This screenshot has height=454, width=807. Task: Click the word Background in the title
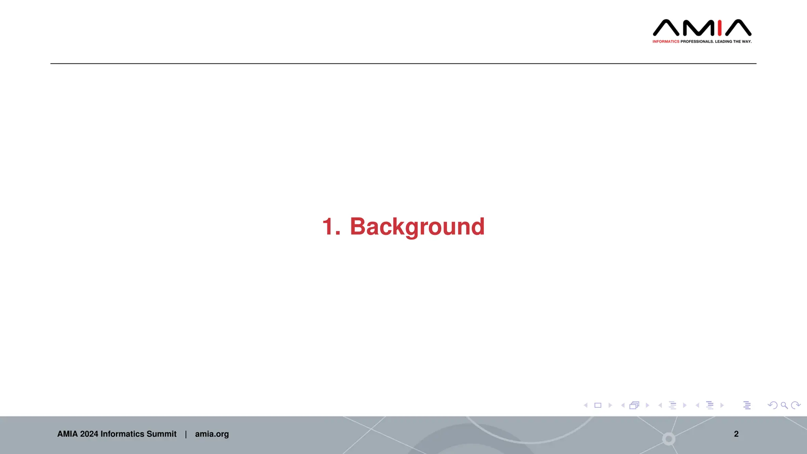tap(417, 227)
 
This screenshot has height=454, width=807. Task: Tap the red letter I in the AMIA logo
tap(720, 28)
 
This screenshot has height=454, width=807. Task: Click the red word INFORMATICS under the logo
tap(666, 41)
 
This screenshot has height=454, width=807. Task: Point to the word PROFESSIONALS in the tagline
tap(697, 41)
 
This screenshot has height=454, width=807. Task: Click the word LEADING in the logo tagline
tap(723, 41)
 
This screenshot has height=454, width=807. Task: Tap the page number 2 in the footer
tap(736, 434)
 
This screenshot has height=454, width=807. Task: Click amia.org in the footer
tap(212, 434)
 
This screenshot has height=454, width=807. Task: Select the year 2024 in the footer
tap(89, 434)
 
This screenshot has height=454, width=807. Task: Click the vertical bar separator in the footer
tap(186, 434)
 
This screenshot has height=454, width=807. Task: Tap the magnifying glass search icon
tap(784, 405)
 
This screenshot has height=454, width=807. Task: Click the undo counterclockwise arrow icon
tap(772, 405)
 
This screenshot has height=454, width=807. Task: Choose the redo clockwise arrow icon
tap(796, 405)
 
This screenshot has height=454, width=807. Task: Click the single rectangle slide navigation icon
tap(598, 405)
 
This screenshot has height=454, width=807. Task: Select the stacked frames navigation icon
tap(634, 405)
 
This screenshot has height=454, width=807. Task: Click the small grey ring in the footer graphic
tap(669, 439)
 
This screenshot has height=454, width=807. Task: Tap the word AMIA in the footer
tap(67, 434)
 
